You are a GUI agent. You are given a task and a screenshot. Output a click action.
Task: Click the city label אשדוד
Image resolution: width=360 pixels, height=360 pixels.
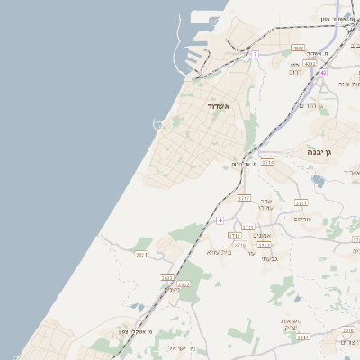click(x=220, y=106)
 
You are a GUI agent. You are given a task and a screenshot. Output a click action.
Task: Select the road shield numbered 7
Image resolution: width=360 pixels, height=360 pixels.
click(x=255, y=54)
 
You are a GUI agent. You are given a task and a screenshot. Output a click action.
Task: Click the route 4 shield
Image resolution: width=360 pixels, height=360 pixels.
click(x=220, y=220)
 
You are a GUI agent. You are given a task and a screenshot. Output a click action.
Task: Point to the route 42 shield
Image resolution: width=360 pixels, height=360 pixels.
click(x=322, y=74)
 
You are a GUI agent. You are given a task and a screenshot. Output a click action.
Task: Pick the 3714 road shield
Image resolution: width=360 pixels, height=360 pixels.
click(x=267, y=163)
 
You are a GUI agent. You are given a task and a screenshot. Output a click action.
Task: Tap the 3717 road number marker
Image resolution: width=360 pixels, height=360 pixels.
click(x=243, y=196)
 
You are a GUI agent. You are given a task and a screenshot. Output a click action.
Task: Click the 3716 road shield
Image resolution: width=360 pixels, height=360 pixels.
click(x=239, y=245)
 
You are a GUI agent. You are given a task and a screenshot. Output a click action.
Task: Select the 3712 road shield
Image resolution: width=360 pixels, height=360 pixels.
click(x=265, y=245)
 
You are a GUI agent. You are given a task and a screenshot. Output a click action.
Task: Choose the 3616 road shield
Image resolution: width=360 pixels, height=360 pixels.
click(x=348, y=330)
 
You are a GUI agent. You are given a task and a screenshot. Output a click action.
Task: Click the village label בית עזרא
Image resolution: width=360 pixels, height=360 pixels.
click(x=220, y=252)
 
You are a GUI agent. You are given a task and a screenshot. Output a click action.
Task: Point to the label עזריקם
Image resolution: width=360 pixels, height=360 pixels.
click(x=302, y=220)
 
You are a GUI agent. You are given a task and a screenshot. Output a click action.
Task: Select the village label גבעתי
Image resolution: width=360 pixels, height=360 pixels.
click(x=268, y=259)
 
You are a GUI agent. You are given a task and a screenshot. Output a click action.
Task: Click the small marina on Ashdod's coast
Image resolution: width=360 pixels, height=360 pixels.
click(x=159, y=124)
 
